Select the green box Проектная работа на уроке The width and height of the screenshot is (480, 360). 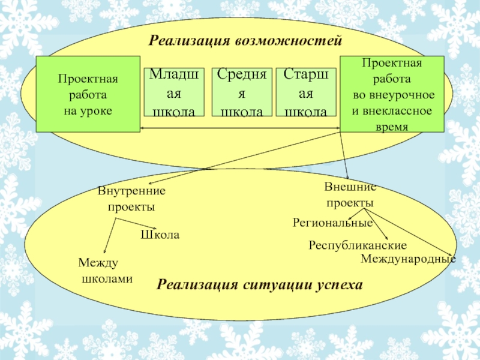point(88,95)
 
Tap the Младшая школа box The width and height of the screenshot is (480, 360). point(175,92)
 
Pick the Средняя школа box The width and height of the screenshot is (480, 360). point(242,92)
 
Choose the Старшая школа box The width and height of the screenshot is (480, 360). point(306,92)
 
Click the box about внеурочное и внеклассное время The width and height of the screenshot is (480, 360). point(392,95)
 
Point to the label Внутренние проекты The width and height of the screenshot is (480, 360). point(131,199)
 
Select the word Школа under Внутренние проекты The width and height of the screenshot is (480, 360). point(160,235)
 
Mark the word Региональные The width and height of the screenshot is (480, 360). point(332,223)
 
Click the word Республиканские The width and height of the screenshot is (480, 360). point(358,245)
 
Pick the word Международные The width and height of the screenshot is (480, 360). point(408,259)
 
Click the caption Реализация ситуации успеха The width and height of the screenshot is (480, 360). point(260,284)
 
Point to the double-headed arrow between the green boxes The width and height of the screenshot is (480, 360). point(240,128)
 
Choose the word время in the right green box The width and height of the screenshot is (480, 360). point(392,127)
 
